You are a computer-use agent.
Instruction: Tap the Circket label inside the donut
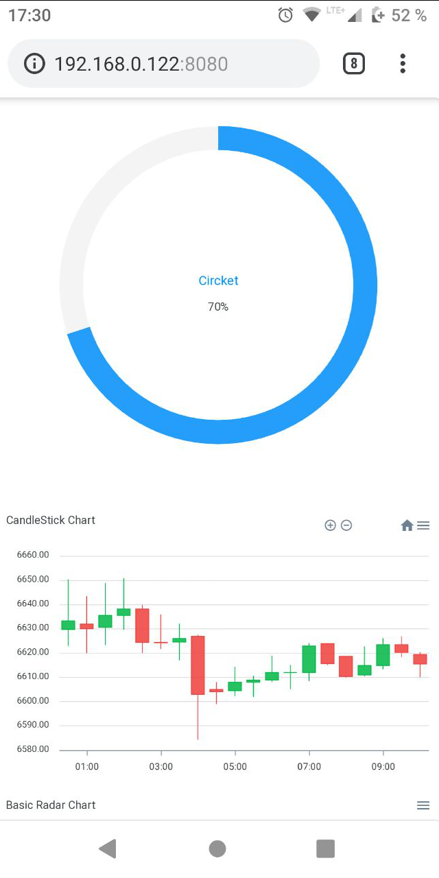[x=218, y=281]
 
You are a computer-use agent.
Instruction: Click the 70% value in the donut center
[x=218, y=307]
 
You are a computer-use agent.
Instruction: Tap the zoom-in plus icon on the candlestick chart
[x=330, y=525]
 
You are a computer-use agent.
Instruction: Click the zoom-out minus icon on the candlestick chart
[x=346, y=525]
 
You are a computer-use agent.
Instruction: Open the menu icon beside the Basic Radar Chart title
[x=423, y=805]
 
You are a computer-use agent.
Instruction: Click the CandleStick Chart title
[x=51, y=520]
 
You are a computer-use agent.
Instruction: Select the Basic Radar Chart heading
[x=51, y=805]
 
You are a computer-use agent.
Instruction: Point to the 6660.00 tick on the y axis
[x=33, y=555]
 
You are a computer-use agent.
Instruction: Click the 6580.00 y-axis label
[x=33, y=749]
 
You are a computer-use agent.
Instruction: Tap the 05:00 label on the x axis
[x=235, y=767]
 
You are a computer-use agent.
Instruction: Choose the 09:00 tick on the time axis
[x=383, y=767]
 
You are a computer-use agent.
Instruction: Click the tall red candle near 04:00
[x=198, y=665]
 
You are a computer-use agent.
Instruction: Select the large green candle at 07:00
[x=309, y=658]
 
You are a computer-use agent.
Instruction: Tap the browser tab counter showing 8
[x=353, y=64]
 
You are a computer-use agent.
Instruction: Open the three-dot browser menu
[x=403, y=64]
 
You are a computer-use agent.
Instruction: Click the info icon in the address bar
[x=34, y=64]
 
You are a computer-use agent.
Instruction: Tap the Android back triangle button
[x=108, y=849]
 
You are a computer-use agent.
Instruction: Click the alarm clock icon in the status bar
[x=285, y=15]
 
